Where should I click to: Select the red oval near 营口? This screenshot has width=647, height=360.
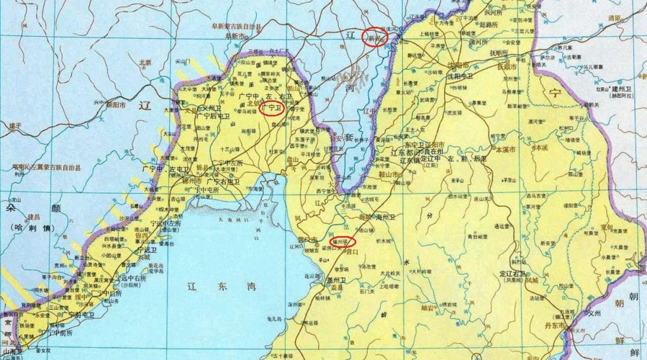pyautogui.click(x=340, y=240)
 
